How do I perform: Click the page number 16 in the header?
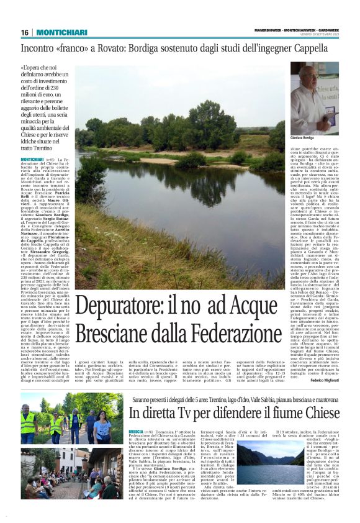(x=25, y=32)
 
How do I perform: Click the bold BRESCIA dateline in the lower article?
(x=136, y=431)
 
